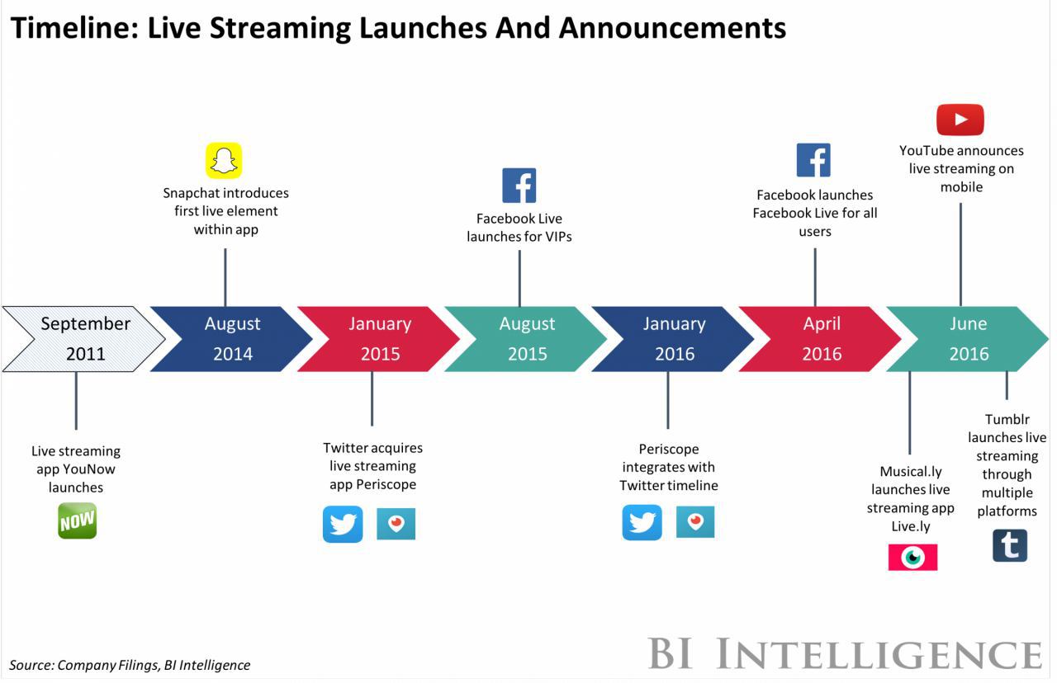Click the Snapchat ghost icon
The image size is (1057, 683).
[x=224, y=160]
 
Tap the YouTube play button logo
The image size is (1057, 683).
[x=960, y=120]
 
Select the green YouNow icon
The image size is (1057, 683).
[x=78, y=520]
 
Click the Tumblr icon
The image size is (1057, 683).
[x=1010, y=545]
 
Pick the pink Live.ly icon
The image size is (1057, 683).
[x=912, y=557]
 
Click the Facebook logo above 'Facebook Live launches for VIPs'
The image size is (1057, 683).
[x=519, y=186]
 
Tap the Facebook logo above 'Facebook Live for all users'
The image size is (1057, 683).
[x=813, y=160]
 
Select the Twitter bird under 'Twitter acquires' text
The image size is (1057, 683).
[x=343, y=524]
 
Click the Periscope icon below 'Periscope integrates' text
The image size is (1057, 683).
[x=695, y=522]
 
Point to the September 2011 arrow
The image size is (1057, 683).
[x=85, y=339]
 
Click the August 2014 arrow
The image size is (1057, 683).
[x=232, y=339]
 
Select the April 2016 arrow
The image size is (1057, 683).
[x=821, y=339]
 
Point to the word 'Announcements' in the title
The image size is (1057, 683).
[x=672, y=28]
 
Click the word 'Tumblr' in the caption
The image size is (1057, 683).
[x=1007, y=419]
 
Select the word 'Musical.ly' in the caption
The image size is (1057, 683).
[x=911, y=471]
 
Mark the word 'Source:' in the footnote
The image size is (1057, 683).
[x=31, y=665]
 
